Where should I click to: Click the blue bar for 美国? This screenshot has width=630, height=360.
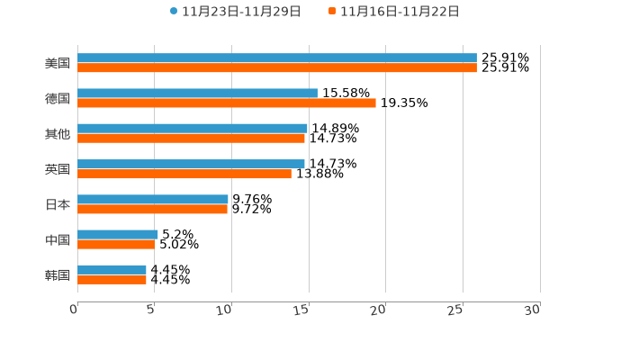277,58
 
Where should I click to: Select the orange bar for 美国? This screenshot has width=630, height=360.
277,67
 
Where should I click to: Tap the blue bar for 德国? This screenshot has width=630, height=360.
197,93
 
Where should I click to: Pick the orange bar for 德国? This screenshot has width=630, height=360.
227,103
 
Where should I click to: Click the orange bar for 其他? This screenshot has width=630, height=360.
191,139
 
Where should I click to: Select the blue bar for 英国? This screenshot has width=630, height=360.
191,164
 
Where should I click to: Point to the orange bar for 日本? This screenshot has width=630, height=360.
152,209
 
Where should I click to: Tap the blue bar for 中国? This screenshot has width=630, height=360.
118,234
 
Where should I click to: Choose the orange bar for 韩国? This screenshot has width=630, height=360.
112,280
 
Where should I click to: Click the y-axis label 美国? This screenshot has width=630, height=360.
58,63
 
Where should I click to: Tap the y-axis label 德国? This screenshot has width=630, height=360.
58,98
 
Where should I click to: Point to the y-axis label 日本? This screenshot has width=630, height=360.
58,204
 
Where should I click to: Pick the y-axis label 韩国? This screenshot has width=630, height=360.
58,274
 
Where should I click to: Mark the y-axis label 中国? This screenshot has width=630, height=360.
58,239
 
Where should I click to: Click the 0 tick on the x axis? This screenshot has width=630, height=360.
75,310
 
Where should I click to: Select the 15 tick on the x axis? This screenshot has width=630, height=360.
302,310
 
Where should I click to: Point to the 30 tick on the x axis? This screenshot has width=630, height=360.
533,310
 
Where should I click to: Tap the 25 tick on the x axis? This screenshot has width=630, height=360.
456,310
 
